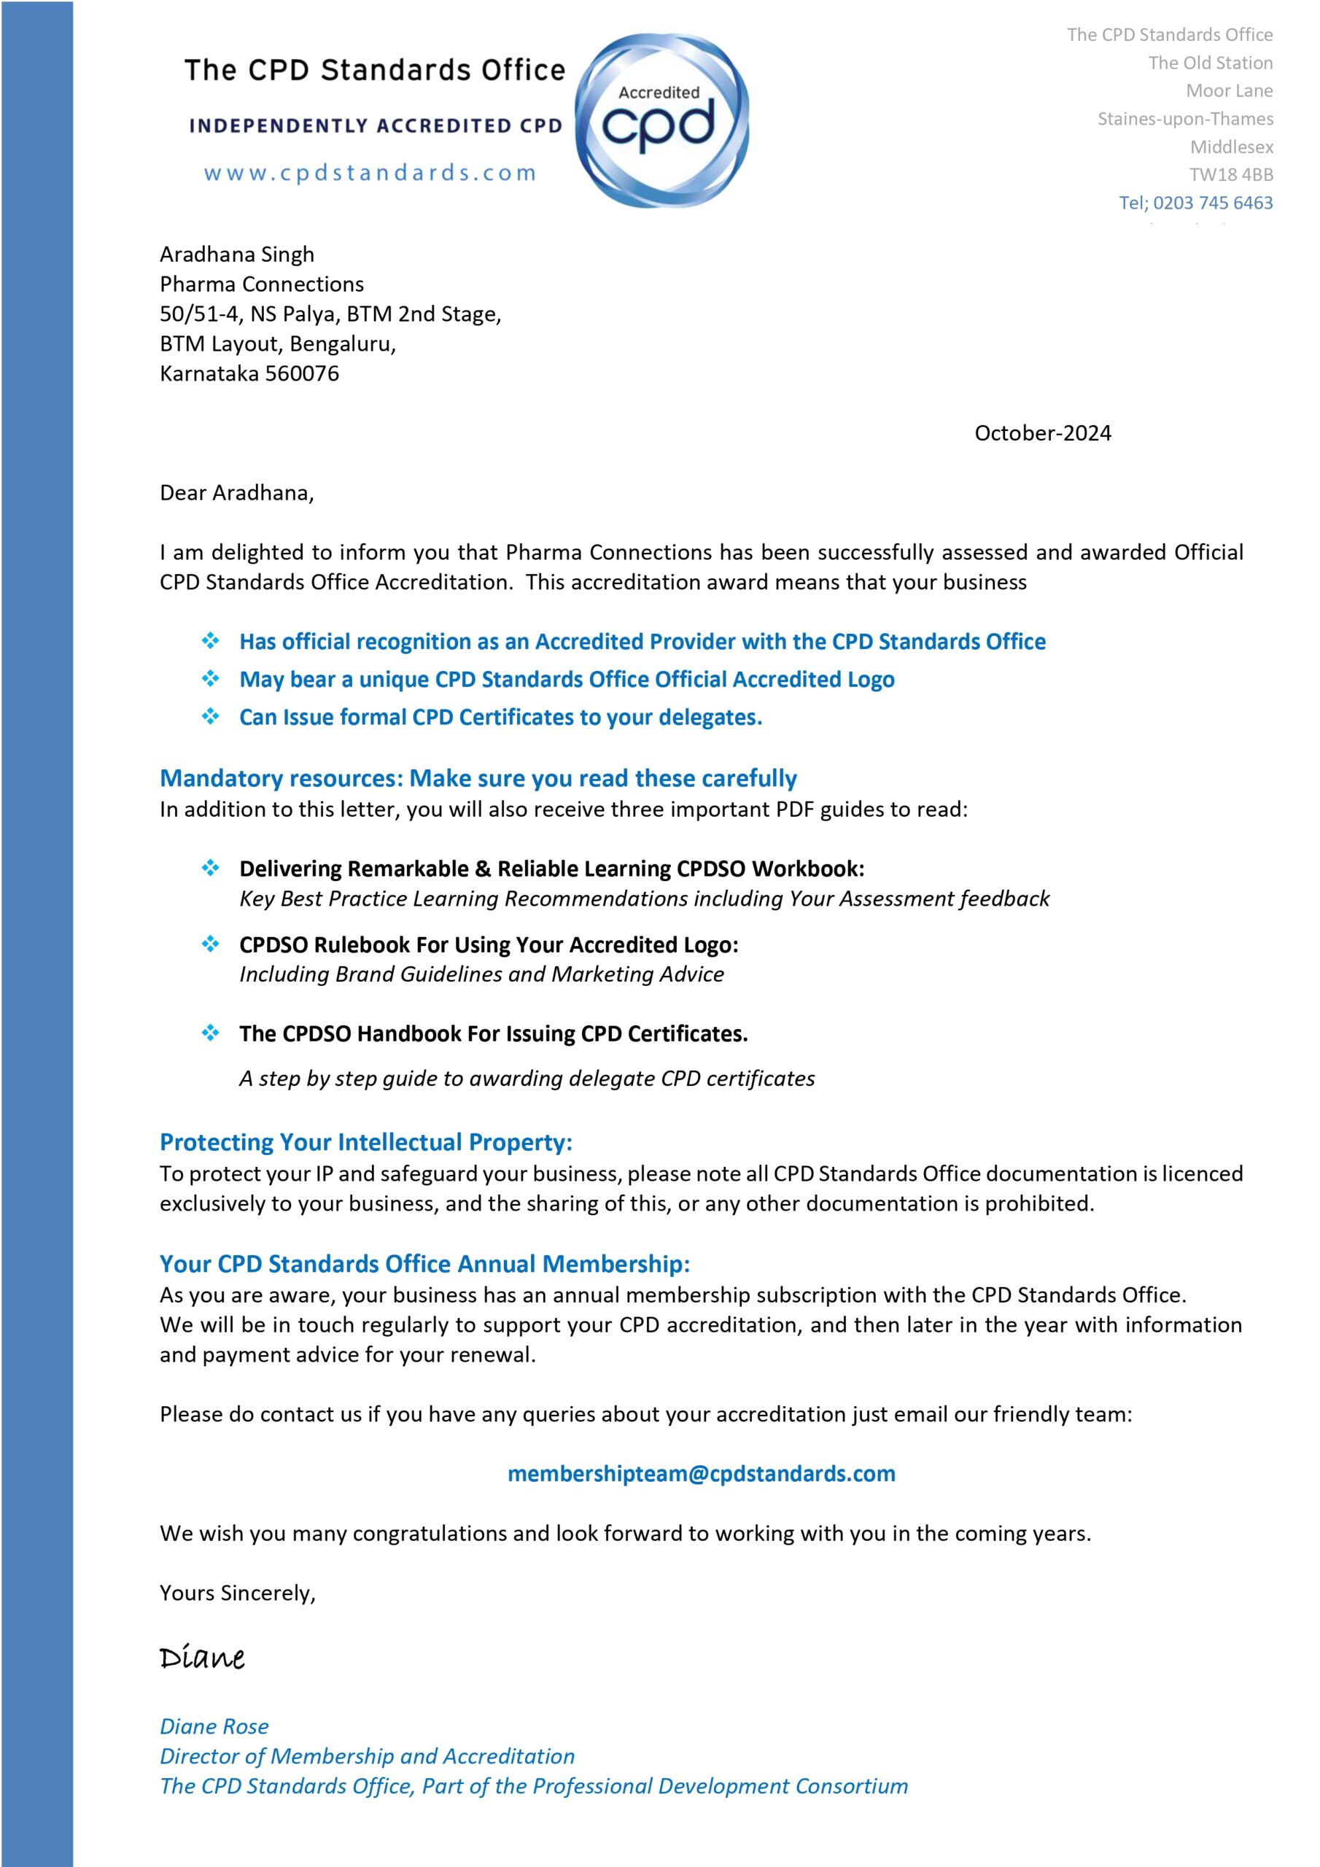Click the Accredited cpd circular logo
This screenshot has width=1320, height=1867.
(x=661, y=120)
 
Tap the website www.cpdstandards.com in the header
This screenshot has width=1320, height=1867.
(x=370, y=172)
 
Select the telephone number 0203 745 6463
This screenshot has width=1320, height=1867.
(x=1213, y=203)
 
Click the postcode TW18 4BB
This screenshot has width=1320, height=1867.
(x=1230, y=175)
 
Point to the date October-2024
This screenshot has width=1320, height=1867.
(x=1042, y=433)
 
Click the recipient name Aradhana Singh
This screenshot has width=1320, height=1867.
(x=237, y=255)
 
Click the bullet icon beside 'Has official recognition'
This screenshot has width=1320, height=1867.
(x=211, y=641)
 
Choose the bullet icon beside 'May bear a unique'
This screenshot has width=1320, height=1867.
(x=211, y=678)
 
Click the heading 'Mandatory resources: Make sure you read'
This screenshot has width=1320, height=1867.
(x=478, y=778)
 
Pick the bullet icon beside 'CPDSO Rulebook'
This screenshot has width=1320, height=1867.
(x=211, y=944)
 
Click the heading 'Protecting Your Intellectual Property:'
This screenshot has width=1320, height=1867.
(x=366, y=1143)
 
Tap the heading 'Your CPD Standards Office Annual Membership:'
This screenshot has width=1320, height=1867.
(x=424, y=1264)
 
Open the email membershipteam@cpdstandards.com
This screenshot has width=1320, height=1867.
(x=701, y=1473)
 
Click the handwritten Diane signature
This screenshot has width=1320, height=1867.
(x=203, y=1656)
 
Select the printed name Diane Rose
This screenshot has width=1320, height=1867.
(x=214, y=1726)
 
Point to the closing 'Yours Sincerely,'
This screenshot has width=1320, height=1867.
(x=238, y=1593)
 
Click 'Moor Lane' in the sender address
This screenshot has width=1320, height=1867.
(x=1229, y=91)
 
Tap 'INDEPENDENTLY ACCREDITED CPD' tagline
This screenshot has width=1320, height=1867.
(x=376, y=126)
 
